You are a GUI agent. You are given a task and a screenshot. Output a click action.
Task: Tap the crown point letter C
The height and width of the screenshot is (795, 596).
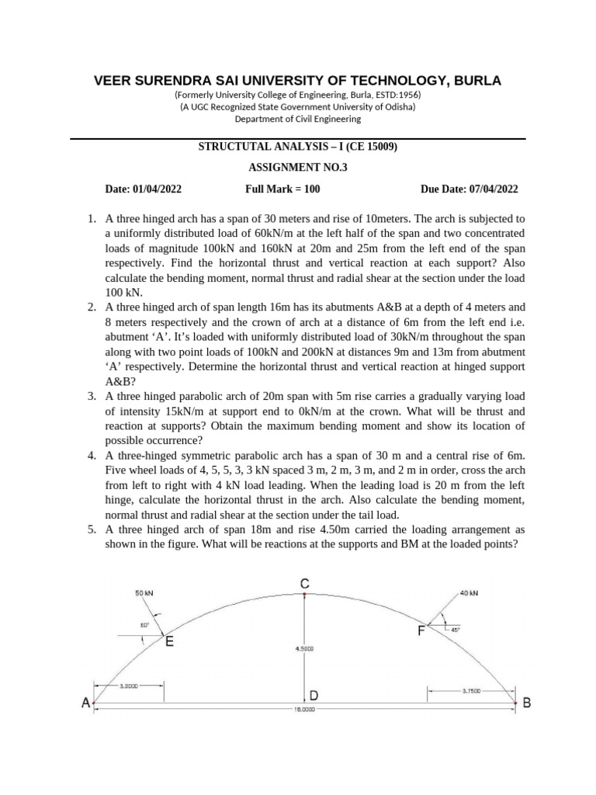point(306,582)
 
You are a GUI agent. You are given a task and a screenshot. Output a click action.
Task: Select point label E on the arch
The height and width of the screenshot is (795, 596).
point(169,642)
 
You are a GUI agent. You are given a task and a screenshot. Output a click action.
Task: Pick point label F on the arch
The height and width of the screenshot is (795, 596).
point(421,631)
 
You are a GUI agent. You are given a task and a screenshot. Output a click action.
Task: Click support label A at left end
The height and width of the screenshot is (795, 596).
point(85,703)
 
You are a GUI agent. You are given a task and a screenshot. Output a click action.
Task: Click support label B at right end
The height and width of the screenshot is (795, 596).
point(527,703)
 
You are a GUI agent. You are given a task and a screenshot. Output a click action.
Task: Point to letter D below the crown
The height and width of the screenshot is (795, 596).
point(315,696)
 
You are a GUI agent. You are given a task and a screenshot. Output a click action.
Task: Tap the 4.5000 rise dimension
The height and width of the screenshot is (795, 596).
point(304,647)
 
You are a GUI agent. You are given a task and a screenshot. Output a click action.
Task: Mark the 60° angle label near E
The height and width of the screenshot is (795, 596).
point(144,624)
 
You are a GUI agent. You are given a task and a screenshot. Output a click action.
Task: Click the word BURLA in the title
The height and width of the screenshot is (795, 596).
point(475,81)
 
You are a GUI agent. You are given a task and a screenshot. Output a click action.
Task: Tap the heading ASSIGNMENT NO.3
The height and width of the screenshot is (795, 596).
point(298,167)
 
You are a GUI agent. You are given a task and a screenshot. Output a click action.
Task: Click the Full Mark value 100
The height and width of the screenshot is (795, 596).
point(311,189)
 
